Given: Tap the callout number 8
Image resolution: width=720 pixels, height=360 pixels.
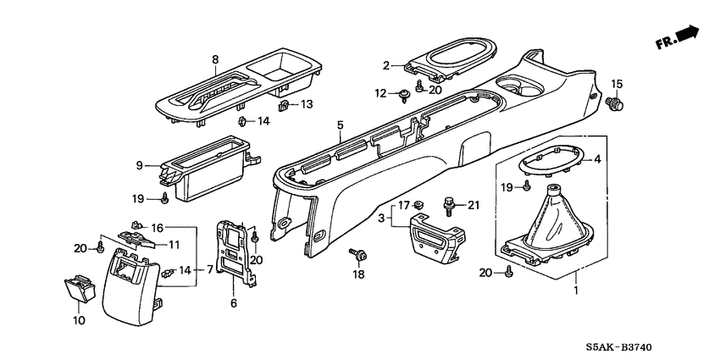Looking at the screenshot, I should tap(214, 58).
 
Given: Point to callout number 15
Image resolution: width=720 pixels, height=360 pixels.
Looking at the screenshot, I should tap(617, 83).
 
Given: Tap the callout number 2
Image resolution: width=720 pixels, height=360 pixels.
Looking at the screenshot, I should tap(385, 65).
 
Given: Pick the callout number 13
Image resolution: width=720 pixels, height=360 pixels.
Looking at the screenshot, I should tap(307, 105).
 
